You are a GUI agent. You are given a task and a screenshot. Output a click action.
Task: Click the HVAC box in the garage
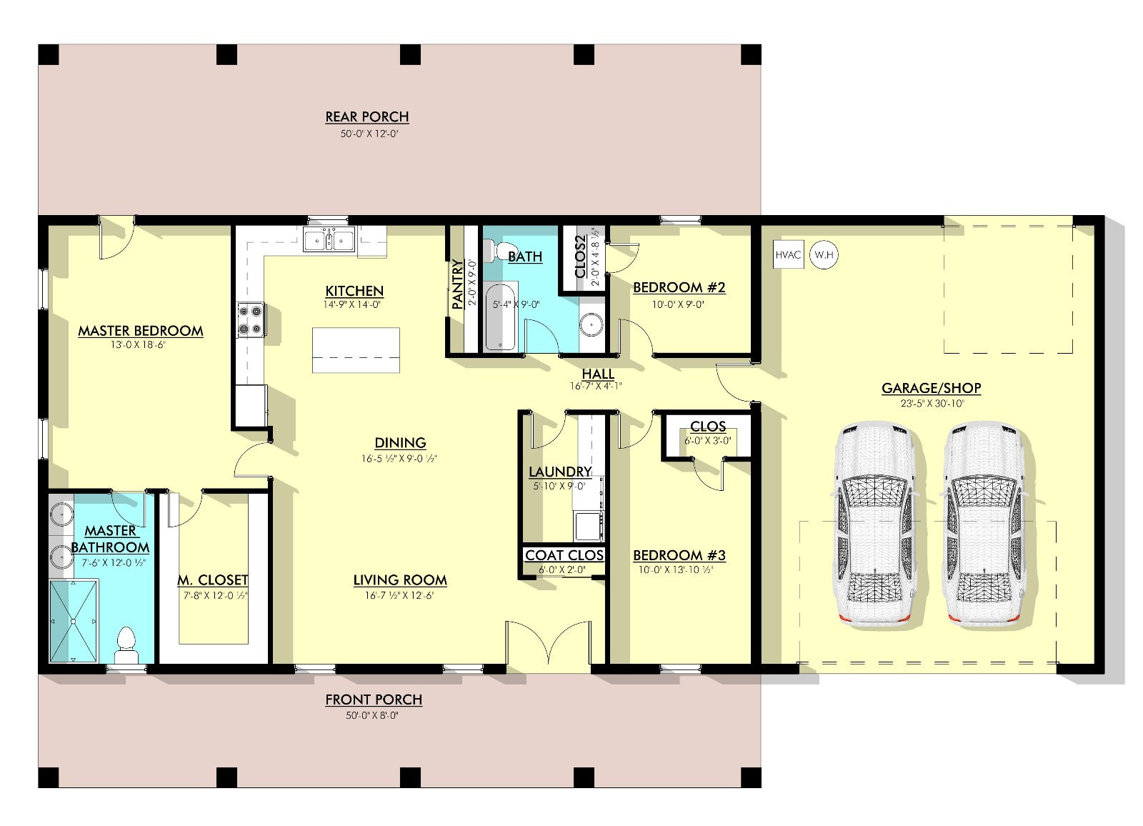[789, 254]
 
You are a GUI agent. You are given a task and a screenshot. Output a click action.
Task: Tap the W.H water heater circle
[824, 255]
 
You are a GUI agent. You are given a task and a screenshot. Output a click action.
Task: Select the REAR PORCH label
[367, 117]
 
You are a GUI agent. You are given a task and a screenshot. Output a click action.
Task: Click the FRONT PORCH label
[374, 700]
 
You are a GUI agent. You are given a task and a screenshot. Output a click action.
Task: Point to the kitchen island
[356, 350]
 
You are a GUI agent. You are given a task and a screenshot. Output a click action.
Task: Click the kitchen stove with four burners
[251, 319]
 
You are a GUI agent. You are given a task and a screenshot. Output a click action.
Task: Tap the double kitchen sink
[329, 239]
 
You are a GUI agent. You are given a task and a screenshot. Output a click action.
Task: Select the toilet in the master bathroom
[126, 645]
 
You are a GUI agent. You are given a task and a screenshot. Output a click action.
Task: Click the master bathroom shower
[73, 621]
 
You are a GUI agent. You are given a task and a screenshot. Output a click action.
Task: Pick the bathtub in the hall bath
[500, 317]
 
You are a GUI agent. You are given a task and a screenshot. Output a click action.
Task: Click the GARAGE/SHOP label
[932, 388]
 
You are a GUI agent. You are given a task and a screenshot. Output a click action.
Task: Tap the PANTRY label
[458, 284]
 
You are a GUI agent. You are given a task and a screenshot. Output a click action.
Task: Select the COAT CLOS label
[564, 555]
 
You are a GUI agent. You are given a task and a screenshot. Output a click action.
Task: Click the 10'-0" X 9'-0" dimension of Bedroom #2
[678, 305]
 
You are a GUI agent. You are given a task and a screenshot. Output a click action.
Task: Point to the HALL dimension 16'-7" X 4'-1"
[596, 387]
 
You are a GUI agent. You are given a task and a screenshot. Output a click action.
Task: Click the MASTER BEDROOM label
[140, 331]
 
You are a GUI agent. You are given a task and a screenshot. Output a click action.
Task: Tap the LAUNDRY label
[560, 472]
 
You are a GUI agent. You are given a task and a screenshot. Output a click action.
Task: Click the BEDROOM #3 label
[679, 555]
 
